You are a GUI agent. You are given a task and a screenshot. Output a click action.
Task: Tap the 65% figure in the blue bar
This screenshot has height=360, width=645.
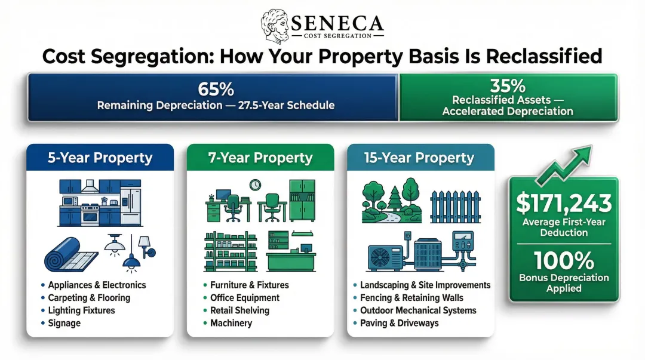coord(216,90)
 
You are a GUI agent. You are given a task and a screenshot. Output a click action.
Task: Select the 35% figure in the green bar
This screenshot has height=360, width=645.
coord(507,85)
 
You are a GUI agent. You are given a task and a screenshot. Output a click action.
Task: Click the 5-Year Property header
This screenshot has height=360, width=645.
coord(100,158)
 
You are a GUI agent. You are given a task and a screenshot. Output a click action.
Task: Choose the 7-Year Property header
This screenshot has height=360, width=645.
coord(261,158)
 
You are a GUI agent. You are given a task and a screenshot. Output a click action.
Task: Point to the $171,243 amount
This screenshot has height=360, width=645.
coord(564,204)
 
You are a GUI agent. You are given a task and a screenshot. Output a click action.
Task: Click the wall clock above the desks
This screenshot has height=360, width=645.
coord(255,186)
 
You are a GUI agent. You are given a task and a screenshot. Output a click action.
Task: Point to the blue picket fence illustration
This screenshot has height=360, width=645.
coord(456,207)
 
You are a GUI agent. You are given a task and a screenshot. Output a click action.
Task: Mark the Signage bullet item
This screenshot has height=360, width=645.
coord(65,323)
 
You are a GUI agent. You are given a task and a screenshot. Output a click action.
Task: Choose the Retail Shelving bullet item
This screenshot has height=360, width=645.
coord(239,310)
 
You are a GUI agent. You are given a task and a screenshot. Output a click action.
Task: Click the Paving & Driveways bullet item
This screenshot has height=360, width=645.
coord(399,323)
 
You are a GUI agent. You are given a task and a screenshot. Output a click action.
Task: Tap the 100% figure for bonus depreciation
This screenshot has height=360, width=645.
coord(564,261)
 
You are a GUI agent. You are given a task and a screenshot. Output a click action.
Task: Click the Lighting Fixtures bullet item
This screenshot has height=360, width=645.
coord(81,310)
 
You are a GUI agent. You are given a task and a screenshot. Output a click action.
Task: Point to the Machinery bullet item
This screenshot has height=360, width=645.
coord(231,323)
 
